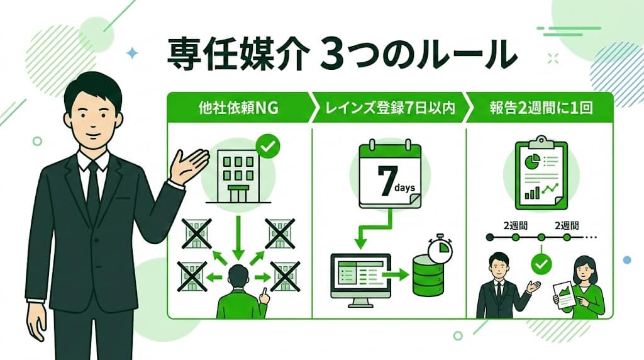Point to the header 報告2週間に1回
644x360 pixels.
coord(541,108)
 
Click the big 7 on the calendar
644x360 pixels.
coord(384,179)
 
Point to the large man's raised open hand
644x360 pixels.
coord(189,165)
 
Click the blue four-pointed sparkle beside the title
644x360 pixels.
coord(131,53)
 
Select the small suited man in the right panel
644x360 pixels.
coord(500,286)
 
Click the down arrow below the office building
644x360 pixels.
coord(238,235)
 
